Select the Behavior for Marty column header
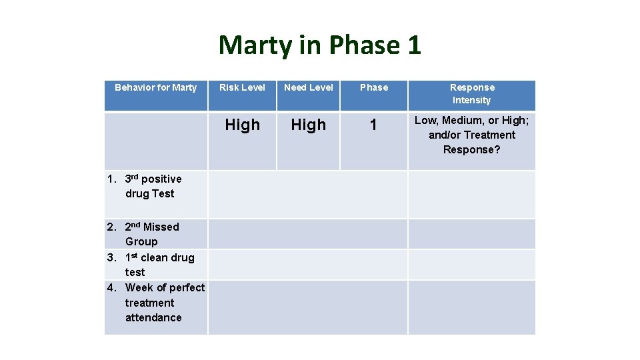(156, 87)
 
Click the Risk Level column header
(242, 87)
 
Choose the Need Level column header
(309, 87)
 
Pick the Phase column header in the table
(374, 87)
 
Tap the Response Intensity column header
(472, 93)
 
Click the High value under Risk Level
(242, 125)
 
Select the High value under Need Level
(309, 125)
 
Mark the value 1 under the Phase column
(373, 125)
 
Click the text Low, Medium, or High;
(472, 120)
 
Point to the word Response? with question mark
(472, 149)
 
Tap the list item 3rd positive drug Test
(149, 186)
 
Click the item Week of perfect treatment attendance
(160, 302)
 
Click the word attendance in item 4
(153, 317)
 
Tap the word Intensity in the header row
(472, 100)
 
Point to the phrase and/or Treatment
(472, 135)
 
